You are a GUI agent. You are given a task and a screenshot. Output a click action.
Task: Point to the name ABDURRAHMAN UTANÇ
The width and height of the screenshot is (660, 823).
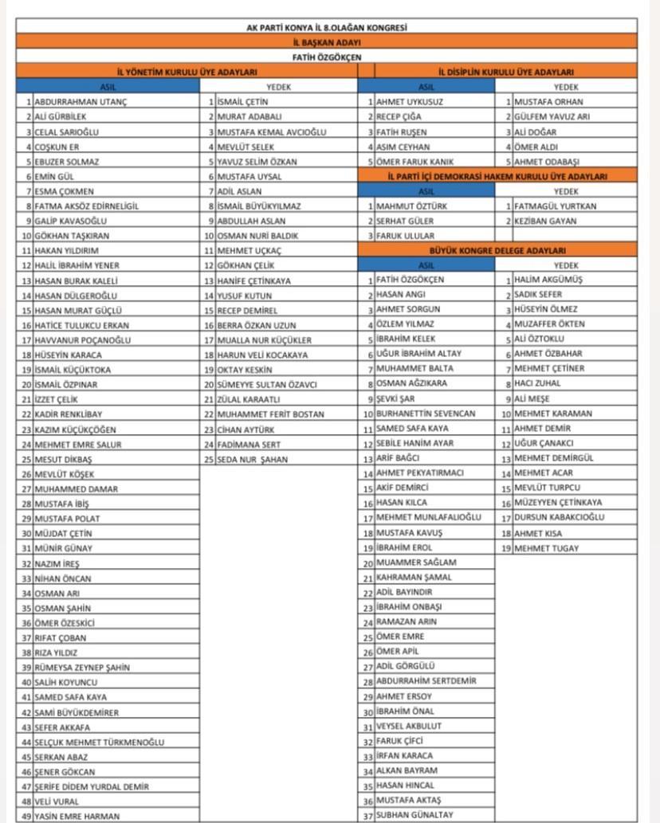[x=81, y=102]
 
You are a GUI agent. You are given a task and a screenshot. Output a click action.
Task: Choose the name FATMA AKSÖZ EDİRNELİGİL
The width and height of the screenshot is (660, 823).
[x=86, y=206]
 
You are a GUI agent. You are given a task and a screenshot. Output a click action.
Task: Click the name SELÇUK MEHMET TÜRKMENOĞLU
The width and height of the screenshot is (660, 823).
[x=99, y=742]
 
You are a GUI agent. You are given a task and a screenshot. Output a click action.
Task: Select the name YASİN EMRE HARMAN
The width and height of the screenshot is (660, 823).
[x=77, y=816]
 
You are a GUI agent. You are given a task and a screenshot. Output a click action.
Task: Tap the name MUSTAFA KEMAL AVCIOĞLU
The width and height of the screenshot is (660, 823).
[x=271, y=131]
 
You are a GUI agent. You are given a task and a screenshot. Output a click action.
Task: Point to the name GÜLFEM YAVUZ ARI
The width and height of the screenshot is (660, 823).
[x=552, y=116]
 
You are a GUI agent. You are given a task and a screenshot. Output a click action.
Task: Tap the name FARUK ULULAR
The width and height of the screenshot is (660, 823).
[x=405, y=236]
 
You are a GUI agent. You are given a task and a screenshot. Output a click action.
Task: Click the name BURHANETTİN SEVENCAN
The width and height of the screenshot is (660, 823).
[x=426, y=413]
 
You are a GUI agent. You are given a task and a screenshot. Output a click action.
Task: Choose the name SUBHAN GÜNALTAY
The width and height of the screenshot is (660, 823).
[x=414, y=815]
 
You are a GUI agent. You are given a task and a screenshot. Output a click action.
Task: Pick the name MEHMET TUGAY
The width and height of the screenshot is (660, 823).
[x=546, y=548]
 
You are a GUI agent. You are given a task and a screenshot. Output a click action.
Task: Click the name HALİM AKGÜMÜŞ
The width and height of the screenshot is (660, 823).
[x=548, y=280]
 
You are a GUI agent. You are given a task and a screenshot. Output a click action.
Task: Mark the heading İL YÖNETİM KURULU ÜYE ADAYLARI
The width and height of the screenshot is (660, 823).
[x=187, y=72]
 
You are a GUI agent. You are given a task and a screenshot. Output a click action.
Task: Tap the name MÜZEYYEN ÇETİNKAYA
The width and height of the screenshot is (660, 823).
[x=558, y=503]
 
